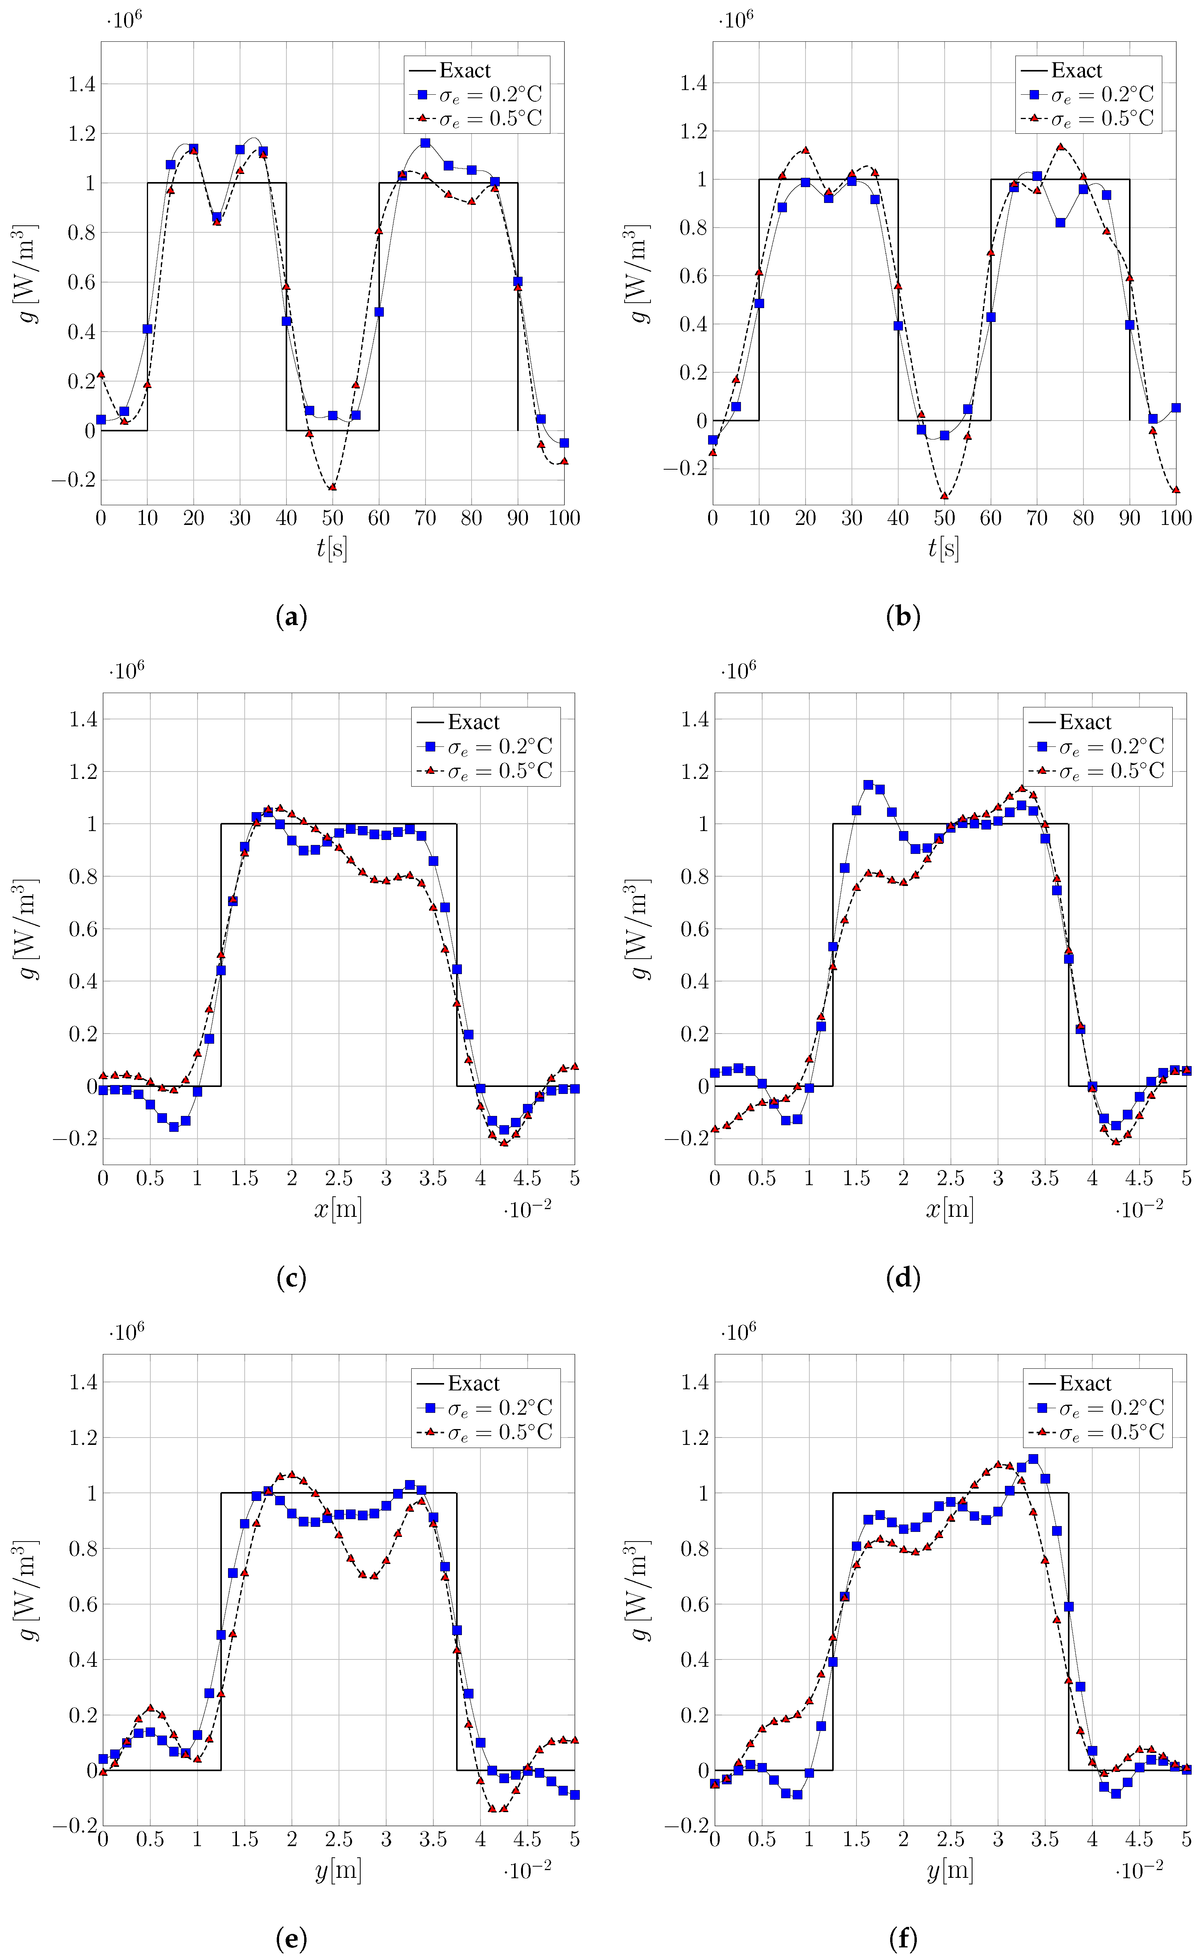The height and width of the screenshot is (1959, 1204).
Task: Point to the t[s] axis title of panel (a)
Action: pos(332,548)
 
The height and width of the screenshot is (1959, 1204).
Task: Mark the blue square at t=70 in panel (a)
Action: pos(425,143)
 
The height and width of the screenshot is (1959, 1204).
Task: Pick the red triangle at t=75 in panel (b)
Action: pos(1060,146)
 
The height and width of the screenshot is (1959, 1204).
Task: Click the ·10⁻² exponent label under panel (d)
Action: pos(1139,1209)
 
